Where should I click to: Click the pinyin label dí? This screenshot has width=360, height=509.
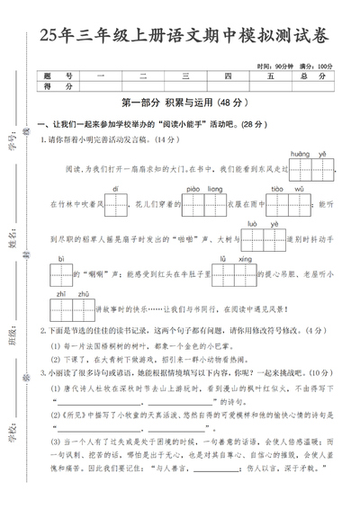coord(115,189)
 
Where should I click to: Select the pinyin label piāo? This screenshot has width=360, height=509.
coord(193,189)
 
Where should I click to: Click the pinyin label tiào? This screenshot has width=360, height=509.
coord(276,189)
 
